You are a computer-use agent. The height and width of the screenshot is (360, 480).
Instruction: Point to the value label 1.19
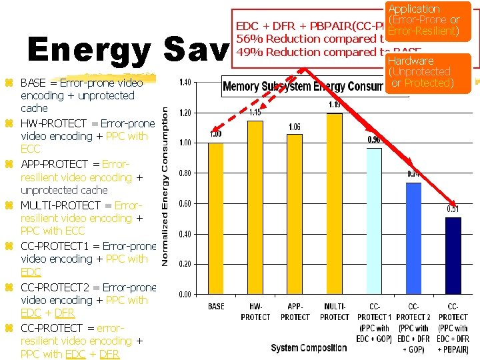tap(335, 105)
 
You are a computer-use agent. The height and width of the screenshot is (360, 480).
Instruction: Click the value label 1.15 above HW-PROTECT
tap(255, 112)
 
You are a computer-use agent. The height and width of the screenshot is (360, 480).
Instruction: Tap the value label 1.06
tap(295, 126)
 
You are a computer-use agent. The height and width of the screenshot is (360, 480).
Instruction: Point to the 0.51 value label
tap(453, 209)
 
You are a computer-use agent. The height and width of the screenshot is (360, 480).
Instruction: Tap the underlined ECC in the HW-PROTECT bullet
tap(30, 149)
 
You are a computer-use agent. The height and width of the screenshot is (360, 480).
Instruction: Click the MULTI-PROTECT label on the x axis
tap(335, 311)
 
